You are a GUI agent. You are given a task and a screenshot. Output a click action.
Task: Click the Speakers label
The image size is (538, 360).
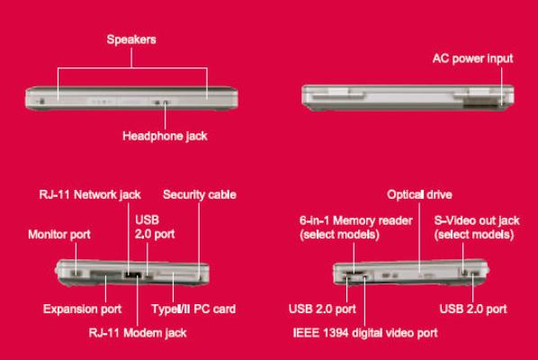[x=131, y=40]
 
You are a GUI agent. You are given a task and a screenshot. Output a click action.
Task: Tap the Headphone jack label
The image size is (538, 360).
[x=165, y=136]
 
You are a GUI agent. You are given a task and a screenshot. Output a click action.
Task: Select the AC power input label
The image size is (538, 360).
[x=473, y=58]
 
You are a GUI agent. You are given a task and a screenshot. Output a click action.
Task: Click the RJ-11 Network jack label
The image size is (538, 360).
[x=90, y=194]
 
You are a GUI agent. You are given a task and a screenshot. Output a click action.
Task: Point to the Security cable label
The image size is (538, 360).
[x=200, y=194]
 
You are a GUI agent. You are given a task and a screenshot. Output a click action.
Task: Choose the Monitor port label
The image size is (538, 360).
[x=59, y=234]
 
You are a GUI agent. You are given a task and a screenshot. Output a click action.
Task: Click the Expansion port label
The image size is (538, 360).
[x=83, y=309]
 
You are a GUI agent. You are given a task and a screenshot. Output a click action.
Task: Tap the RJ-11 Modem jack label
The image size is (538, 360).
[x=138, y=333]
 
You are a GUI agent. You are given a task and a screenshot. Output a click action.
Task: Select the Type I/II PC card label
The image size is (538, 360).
[x=193, y=309]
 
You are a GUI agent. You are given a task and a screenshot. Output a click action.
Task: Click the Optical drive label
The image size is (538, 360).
[x=419, y=194]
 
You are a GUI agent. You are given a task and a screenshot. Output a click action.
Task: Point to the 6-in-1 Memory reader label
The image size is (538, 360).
[x=355, y=227]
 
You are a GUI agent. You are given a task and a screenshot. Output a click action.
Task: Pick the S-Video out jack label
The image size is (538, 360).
[x=477, y=227]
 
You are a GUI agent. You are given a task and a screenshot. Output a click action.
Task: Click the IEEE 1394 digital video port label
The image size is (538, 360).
[x=365, y=333]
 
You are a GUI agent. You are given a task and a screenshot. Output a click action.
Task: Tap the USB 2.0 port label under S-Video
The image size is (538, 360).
[x=473, y=309]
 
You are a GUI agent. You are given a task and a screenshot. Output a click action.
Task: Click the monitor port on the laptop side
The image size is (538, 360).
[x=76, y=274]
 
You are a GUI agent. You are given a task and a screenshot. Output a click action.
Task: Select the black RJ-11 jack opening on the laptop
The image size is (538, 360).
[x=133, y=274]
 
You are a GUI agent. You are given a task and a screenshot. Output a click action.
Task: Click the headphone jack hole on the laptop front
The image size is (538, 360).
[x=166, y=103]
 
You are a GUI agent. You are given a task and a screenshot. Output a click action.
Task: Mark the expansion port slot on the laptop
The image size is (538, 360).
[x=106, y=274]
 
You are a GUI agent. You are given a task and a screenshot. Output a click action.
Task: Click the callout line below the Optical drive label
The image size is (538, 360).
[x=419, y=238]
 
